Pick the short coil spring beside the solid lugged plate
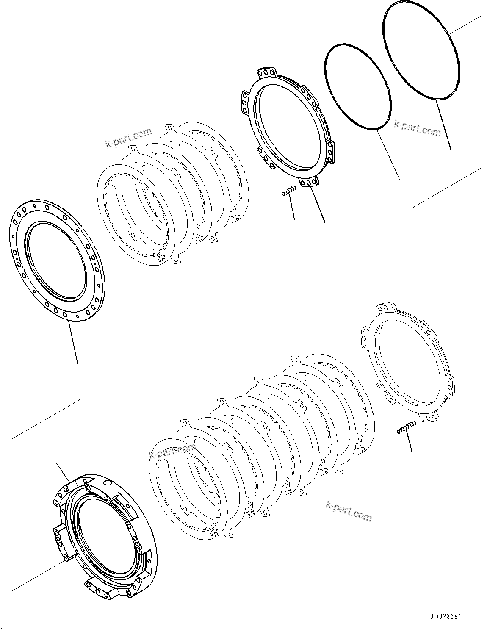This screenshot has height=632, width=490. (287, 192)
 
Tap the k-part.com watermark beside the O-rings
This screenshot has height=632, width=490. (417, 128)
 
